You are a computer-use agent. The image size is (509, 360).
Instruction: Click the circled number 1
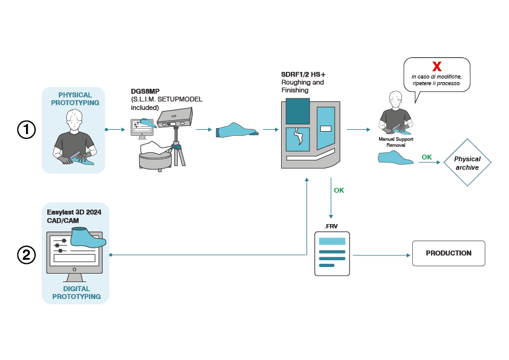point(27,130)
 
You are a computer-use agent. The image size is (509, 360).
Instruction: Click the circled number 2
point(27,255)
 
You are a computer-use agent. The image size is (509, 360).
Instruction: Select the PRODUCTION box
point(449,253)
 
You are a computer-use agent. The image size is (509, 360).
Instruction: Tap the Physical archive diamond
point(467,163)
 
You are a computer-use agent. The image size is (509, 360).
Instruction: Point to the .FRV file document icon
point(332,254)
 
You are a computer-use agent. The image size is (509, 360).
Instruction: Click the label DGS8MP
point(145,92)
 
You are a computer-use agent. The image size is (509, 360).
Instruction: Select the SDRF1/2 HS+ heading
point(303,74)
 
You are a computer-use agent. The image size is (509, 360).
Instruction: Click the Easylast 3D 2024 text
point(74,213)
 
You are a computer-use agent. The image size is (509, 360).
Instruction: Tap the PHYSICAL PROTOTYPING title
point(75,99)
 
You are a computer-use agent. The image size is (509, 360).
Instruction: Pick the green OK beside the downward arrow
point(339,190)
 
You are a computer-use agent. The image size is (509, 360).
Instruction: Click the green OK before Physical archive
point(427,157)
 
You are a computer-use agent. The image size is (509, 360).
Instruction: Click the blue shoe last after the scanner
point(237,130)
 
